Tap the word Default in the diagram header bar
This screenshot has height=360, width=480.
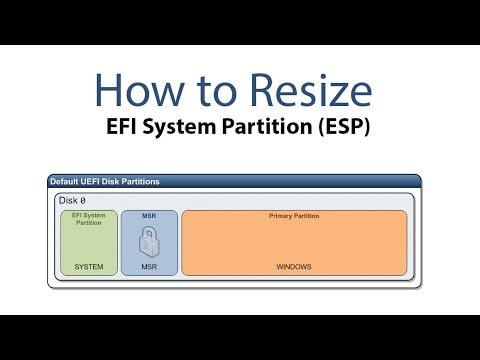[65, 181]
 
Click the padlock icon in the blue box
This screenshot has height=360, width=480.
[148, 242]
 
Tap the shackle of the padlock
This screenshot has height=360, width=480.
[148, 232]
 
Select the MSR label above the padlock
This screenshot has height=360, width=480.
[148, 215]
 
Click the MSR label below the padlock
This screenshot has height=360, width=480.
[148, 267]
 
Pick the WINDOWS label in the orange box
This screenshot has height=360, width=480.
[294, 267]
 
